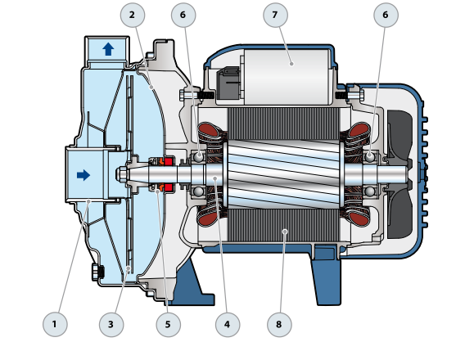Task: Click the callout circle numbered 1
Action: click(x=55, y=324)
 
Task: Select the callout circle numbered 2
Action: click(x=132, y=15)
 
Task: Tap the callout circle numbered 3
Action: click(x=111, y=324)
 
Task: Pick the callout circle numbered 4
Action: click(x=227, y=324)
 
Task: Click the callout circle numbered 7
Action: click(x=275, y=15)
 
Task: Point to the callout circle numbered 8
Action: click(x=278, y=324)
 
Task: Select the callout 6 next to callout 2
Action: click(x=183, y=15)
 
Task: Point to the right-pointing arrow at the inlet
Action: click(x=83, y=174)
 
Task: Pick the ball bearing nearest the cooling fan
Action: click(x=370, y=155)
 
